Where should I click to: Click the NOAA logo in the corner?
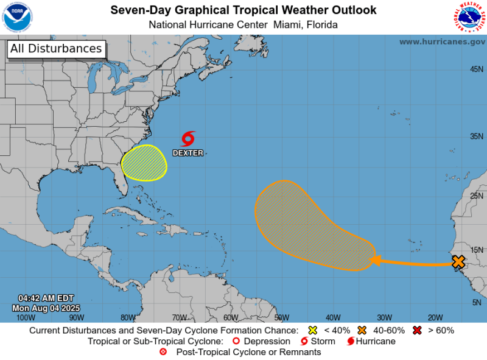18,17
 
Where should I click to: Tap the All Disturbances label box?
56,49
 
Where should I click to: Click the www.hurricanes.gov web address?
442,41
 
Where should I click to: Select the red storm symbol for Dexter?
188,138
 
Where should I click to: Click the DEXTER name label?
187,153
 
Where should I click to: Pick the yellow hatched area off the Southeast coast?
144,163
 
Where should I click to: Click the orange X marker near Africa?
458,261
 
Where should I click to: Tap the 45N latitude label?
477,69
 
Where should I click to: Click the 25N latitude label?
477,196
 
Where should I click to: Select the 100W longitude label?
26,317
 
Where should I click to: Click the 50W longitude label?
281,317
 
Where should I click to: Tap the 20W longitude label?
435,317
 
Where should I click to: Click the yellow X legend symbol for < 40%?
313,331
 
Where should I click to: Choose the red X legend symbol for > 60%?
418,331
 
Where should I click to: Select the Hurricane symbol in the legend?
351,341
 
